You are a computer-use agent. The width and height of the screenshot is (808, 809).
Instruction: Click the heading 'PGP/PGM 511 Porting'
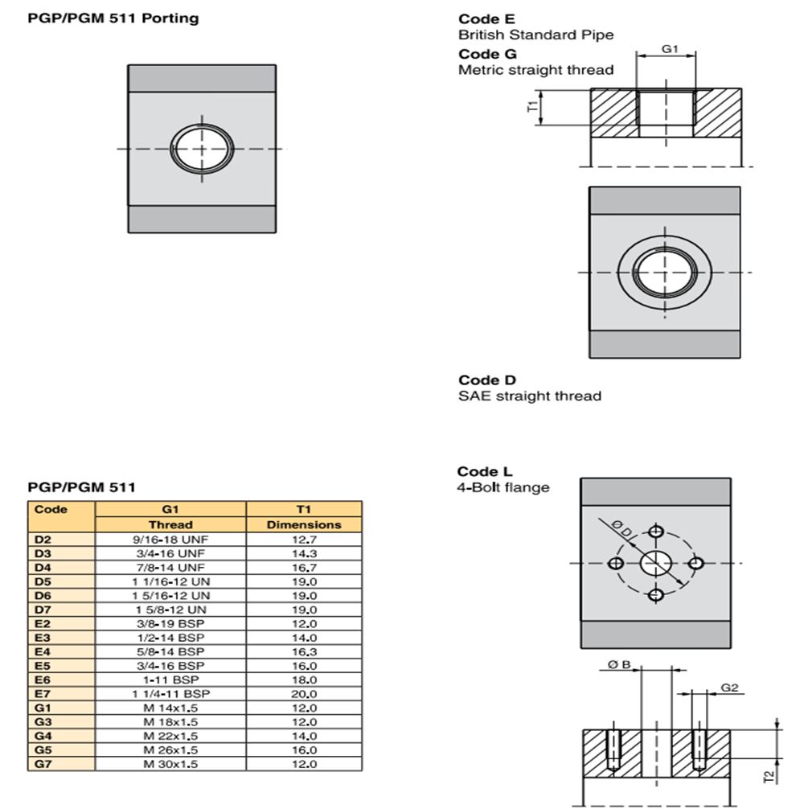[113, 18]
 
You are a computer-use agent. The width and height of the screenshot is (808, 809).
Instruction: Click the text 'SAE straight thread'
[529, 396]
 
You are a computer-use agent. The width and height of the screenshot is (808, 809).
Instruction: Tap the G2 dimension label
[729, 688]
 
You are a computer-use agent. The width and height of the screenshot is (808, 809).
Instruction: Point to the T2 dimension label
[770, 776]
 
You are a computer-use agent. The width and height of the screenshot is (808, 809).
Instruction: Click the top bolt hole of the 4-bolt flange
[657, 532]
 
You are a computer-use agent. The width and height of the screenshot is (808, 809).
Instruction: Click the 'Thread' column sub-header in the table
[170, 524]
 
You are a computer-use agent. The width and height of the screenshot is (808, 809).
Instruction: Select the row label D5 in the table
[43, 581]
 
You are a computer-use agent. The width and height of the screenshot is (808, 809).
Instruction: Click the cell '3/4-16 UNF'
[170, 553]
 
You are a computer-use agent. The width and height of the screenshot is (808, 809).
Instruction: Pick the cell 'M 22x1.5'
[170, 736]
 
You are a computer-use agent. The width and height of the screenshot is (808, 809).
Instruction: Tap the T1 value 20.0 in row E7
[303, 694]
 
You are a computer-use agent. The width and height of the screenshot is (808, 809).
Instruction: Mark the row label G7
[43, 764]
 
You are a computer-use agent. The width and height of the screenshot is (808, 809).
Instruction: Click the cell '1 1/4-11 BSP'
[170, 694]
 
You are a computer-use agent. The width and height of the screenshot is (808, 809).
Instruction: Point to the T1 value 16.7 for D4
[303, 567]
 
